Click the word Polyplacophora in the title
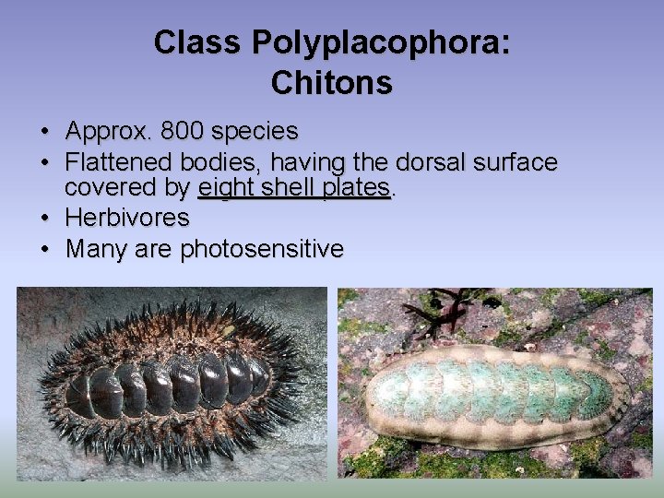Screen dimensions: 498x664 coord(381,42)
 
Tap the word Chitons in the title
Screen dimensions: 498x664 coord(332,83)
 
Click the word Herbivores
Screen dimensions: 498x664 coord(127,219)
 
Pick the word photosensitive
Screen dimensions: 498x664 coord(262,249)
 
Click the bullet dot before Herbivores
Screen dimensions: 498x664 coord(44,219)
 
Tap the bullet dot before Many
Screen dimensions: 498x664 coord(44,249)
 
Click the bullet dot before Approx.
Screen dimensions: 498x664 coord(44,132)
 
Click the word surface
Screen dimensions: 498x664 coord(516,163)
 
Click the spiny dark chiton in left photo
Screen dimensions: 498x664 coord(171,381)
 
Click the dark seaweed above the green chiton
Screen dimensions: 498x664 coord(441,314)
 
